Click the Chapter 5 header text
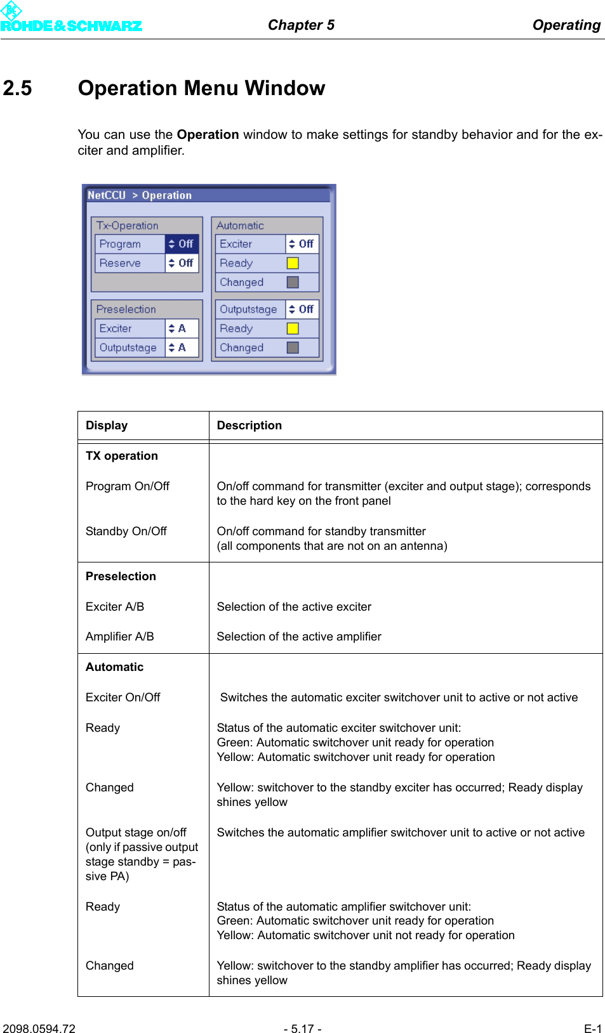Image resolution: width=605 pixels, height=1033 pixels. (301, 25)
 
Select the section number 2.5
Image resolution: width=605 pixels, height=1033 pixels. (18, 88)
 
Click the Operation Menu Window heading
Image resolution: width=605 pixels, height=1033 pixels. (201, 88)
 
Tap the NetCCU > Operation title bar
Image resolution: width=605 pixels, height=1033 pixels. (208, 195)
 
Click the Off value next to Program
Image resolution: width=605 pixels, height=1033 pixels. (182, 244)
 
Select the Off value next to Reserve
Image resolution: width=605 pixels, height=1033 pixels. (182, 263)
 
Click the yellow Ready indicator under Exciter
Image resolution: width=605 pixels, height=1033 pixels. (293, 263)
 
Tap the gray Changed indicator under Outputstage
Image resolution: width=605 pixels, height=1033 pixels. (293, 348)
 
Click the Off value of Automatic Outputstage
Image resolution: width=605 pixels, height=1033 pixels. (303, 309)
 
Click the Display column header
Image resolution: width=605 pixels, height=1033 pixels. (107, 426)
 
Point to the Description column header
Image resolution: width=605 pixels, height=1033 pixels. (249, 426)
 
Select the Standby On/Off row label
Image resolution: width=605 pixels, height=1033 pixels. (126, 531)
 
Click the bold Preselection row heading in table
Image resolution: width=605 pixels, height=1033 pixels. (121, 576)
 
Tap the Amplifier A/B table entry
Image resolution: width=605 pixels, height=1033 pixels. (119, 637)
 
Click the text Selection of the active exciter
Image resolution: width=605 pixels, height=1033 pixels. (294, 607)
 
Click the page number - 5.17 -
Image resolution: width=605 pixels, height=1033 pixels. (302, 1029)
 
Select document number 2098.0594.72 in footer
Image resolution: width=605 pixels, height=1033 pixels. (39, 1029)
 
